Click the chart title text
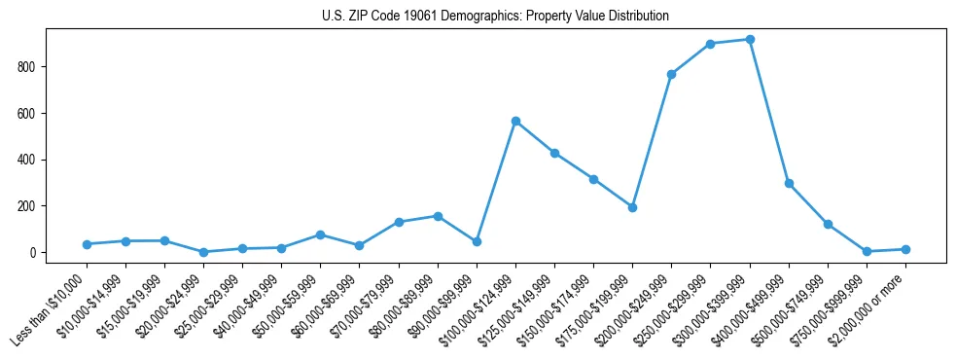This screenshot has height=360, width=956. pyautogui.click(x=495, y=17)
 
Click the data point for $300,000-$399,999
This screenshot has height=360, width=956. pyautogui.click(x=750, y=40)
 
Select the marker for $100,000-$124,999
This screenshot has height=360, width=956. pyautogui.click(x=515, y=121)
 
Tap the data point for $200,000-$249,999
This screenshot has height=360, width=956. pyautogui.click(x=671, y=74)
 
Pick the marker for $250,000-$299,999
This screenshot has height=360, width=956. pyautogui.click(x=711, y=44)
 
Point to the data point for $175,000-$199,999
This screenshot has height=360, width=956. pyautogui.click(x=632, y=207)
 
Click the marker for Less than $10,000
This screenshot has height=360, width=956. pyautogui.click(x=87, y=244)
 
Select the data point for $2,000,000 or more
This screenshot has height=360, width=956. pyautogui.click(x=905, y=249)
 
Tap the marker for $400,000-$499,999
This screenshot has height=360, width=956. pyautogui.click(x=789, y=183)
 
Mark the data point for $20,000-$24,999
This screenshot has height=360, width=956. pyautogui.click(x=203, y=252)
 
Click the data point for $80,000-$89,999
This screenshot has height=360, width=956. pyautogui.click(x=438, y=216)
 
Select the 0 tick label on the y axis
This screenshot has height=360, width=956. pyautogui.click(x=35, y=253)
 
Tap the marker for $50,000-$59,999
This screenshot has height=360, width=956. pyautogui.click(x=320, y=234)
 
